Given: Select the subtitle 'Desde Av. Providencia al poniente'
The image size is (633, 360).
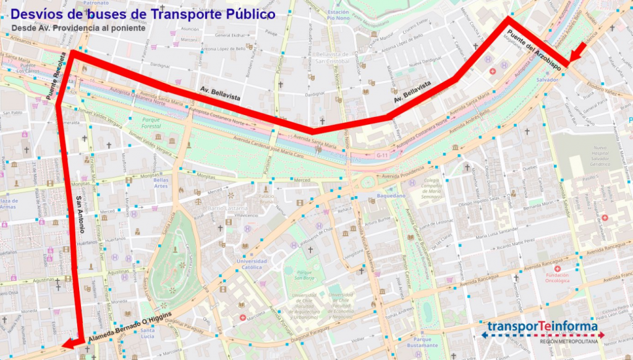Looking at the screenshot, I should point(78,28).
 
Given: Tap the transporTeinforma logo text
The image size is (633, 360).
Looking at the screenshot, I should point(542,327).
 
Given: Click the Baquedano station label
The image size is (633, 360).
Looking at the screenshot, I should point(390,195).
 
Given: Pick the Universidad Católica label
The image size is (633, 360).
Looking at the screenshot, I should point(252,264).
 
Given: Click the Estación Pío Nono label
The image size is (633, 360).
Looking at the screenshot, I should point(338,15).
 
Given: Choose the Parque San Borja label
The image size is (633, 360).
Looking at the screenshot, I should point(303,275).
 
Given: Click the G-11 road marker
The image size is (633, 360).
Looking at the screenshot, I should point(382,155).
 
